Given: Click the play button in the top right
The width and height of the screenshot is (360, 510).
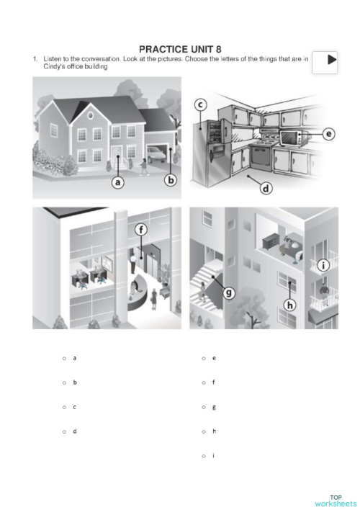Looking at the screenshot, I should point(330,60).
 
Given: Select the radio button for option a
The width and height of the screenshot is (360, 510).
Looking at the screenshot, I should point(65,358).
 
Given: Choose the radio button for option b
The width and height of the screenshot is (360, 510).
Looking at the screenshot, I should point(65,382).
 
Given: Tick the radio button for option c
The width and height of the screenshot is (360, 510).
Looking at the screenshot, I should point(65,407).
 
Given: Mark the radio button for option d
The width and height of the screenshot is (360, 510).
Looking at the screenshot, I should point(65,431).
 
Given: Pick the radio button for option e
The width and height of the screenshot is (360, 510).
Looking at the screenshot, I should point(204,358).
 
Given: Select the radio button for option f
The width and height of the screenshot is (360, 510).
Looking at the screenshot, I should point(204,382).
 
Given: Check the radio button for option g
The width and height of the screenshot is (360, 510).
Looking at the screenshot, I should point(204,407).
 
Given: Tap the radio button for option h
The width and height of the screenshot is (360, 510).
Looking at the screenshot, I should point(204,431).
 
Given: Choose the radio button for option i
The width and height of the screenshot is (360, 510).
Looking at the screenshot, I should point(204,456).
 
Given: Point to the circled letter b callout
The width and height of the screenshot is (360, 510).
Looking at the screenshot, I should point(171,180).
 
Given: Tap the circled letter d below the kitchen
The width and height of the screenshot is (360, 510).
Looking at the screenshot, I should point(265,189).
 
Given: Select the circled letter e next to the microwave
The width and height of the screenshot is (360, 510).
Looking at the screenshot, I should point(328,134).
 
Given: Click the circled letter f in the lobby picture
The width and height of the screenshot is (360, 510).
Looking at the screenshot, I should point(142,230).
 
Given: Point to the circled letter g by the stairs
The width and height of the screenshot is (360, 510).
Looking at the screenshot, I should point(228,292).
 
